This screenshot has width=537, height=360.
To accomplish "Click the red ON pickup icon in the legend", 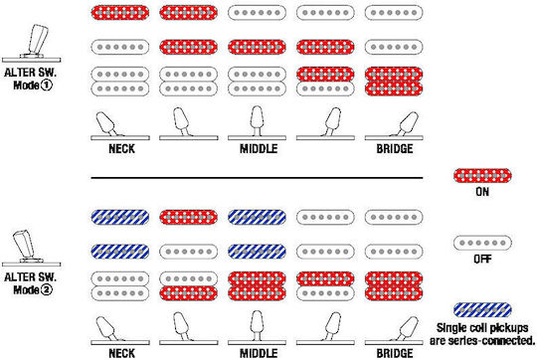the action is (x=482, y=176).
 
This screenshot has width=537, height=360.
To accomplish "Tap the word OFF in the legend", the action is (x=482, y=259).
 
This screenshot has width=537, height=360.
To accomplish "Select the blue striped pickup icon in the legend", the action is (x=482, y=310).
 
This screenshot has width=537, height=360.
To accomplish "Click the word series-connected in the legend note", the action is (x=492, y=341).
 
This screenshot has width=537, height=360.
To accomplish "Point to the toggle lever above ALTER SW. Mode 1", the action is (x=37, y=40).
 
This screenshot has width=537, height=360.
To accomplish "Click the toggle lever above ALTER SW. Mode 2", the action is (x=24, y=244).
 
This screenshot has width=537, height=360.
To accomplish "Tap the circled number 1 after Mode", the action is (x=47, y=85).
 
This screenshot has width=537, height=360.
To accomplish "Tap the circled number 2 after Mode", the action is (x=47, y=289).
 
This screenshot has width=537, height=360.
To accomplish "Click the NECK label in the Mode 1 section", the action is (x=121, y=148).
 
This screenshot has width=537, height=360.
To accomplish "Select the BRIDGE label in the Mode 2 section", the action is (x=395, y=353).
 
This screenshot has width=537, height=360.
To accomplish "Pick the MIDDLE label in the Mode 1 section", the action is (x=259, y=148).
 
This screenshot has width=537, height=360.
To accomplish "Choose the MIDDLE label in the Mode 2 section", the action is (x=259, y=353).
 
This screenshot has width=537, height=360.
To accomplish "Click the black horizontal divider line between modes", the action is (x=257, y=178).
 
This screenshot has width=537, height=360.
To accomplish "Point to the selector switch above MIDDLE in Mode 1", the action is (x=257, y=123).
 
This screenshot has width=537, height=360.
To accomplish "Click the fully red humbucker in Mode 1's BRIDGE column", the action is (x=394, y=82).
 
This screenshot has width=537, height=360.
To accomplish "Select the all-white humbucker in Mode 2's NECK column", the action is (x=120, y=286).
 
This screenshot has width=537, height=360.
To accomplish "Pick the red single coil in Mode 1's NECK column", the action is (x=120, y=13).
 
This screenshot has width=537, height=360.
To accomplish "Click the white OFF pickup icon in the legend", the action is (x=482, y=243).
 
